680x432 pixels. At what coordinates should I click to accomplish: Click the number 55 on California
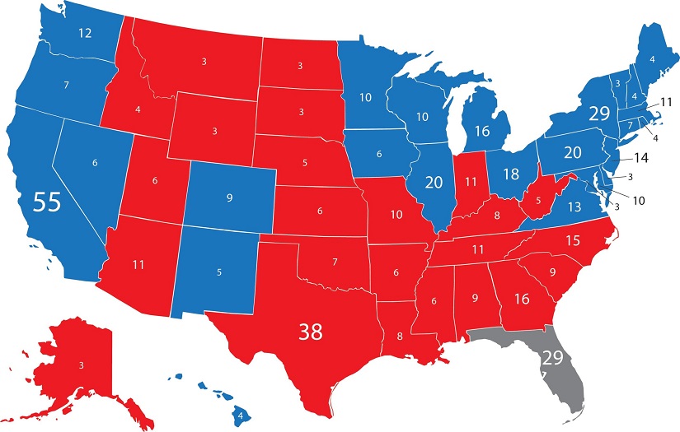click(x=47, y=202)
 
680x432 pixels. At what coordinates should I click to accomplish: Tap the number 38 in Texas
click(x=310, y=332)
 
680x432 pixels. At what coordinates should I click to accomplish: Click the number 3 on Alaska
click(x=81, y=364)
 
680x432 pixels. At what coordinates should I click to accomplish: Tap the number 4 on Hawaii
click(x=240, y=414)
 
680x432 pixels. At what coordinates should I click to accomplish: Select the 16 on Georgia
click(x=521, y=298)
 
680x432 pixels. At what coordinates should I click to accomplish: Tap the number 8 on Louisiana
click(x=400, y=336)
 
